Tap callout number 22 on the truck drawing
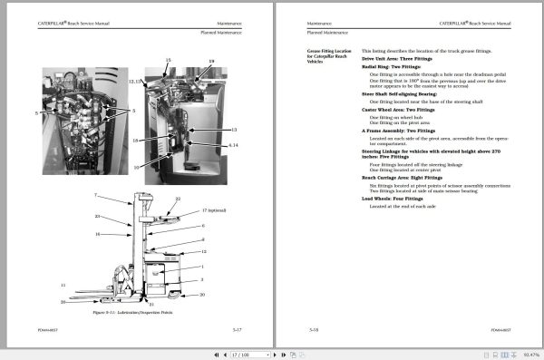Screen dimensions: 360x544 coord(178,199)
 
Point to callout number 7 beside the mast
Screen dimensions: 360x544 coord(96,196)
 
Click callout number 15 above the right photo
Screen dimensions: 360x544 coord(168,59)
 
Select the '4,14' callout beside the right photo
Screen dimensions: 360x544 coord(233,145)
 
